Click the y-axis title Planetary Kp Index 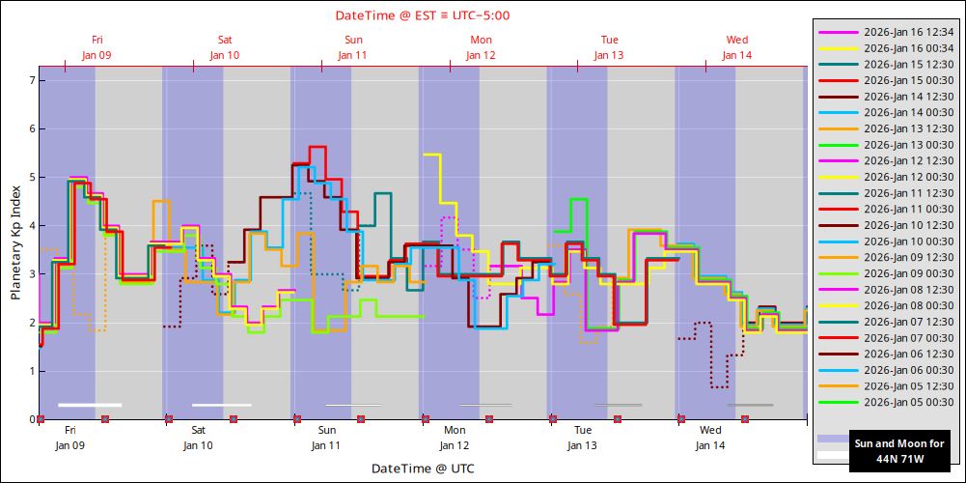15,242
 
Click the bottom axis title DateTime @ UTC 423,469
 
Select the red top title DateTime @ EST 423,15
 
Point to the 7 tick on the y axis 31,80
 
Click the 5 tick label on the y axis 31,177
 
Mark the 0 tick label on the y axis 31,419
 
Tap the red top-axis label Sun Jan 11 352,47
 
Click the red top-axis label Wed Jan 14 736,47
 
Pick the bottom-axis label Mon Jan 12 455,438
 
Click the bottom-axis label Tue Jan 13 583,438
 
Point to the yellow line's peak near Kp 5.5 431,155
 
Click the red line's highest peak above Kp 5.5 317,147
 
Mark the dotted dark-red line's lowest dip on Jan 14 719,386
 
